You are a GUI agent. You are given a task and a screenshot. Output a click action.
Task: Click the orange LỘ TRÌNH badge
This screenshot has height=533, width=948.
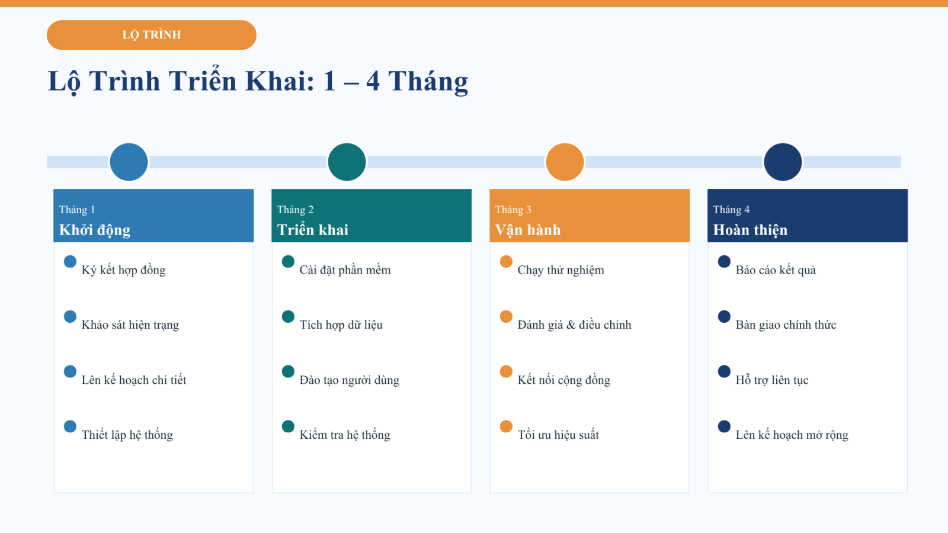[152, 35]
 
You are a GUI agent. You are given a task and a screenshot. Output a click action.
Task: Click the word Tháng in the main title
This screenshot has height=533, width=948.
[428, 81]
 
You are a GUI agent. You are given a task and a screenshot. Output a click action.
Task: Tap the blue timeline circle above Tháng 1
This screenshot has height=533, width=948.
[129, 162]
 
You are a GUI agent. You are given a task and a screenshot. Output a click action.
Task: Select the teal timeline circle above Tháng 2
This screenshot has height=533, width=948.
[347, 162]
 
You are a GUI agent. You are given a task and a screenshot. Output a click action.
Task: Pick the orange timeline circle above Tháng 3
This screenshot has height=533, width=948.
[565, 162]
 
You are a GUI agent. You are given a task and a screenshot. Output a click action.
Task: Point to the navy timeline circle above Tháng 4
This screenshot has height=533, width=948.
[783, 162]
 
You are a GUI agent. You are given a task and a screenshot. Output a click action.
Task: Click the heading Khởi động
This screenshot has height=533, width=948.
[95, 230]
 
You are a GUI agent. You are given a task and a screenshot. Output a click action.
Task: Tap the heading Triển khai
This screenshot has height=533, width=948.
[313, 230]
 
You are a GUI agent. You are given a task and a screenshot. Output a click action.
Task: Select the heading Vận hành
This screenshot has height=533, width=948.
[528, 230]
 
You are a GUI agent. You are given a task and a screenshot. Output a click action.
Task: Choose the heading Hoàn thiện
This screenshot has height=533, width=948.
[750, 230]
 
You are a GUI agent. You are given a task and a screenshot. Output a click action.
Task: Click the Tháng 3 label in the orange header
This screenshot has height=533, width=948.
[513, 210]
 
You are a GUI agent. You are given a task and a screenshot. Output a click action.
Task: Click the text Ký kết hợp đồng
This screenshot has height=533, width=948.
[124, 270]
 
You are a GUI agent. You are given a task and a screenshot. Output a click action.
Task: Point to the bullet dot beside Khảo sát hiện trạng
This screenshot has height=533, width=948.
[71, 316]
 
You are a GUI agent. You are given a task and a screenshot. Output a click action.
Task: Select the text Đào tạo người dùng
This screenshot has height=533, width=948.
[350, 380]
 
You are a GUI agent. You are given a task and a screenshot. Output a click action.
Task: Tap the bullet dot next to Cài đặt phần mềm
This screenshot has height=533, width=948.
[288, 261]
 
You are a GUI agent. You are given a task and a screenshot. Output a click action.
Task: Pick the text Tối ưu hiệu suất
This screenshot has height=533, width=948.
[558, 435]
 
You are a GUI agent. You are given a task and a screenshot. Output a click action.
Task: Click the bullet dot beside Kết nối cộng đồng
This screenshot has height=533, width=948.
[506, 371]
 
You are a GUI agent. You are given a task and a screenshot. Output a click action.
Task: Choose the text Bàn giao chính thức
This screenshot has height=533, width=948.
[786, 325]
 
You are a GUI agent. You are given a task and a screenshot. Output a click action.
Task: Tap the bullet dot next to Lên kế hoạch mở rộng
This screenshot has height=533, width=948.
[724, 426]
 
